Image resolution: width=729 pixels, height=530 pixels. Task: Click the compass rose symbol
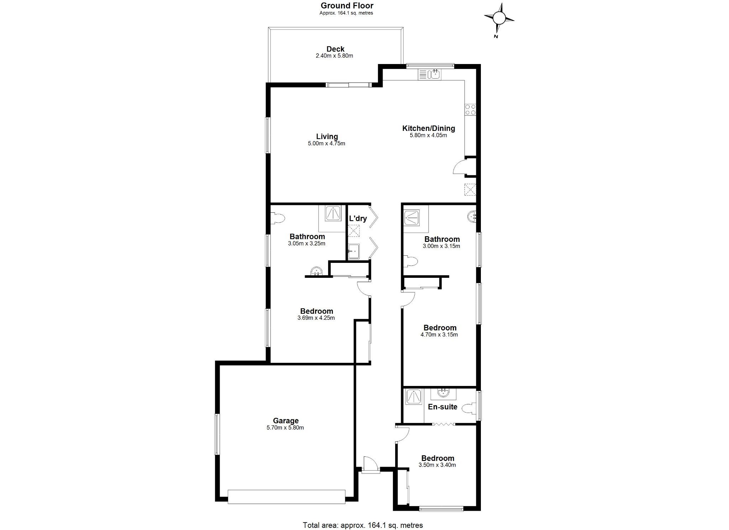tap(499, 18)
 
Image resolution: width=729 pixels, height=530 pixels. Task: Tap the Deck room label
tap(335, 49)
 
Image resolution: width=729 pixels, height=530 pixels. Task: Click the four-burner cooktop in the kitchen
tap(470, 109)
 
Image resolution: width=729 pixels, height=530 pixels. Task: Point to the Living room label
tap(327, 137)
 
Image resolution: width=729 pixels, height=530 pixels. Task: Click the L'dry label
tap(358, 218)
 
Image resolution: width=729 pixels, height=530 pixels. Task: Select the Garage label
tap(285, 421)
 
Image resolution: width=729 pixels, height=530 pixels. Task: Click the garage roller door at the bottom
tap(286, 497)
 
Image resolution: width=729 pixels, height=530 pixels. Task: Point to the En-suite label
tap(442, 407)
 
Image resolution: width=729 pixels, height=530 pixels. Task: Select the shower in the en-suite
tap(414, 397)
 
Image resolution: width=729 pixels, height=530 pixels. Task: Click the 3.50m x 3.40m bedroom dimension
tap(437, 465)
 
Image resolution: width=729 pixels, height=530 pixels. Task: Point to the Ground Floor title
tap(347, 6)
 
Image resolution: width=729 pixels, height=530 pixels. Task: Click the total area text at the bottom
tap(363, 525)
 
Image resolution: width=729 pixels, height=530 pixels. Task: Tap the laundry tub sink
tap(353, 251)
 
